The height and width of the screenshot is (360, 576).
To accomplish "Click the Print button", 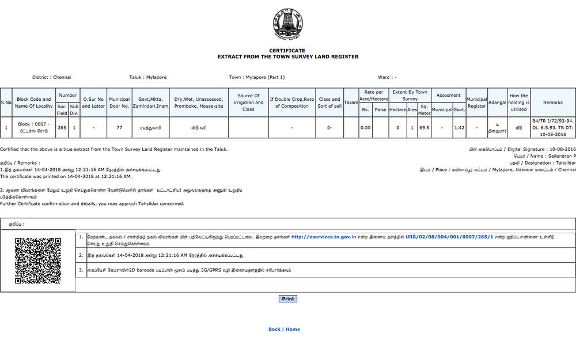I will coord(288,299).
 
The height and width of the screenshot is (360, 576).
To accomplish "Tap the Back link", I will coord(274,329).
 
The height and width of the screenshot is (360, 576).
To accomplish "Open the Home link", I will coord(293,329).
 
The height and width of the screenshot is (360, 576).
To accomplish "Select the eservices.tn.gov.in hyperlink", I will coord(323,237).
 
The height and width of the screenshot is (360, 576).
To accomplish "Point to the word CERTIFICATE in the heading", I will coord(287,51).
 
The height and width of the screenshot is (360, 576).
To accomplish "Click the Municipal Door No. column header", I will coord(119,103).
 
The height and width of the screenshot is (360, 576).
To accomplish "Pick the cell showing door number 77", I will coord(119,127).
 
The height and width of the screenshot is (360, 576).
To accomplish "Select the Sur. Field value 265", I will coord(62,127).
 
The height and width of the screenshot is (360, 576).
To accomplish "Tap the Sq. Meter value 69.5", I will coord(425,127).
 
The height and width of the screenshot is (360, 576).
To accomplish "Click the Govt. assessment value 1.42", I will coord(459,127).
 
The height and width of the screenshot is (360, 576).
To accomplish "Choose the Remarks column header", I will coord(552,103).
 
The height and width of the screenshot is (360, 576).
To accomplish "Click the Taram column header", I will coord(351,103).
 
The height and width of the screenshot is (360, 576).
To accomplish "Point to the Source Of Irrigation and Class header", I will coord(248,103).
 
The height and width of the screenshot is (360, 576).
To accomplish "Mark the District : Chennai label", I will coord(52,77).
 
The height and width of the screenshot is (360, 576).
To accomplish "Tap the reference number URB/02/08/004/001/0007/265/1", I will coord(449,237).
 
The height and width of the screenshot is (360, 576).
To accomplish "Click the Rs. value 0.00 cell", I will coord(365,127).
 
